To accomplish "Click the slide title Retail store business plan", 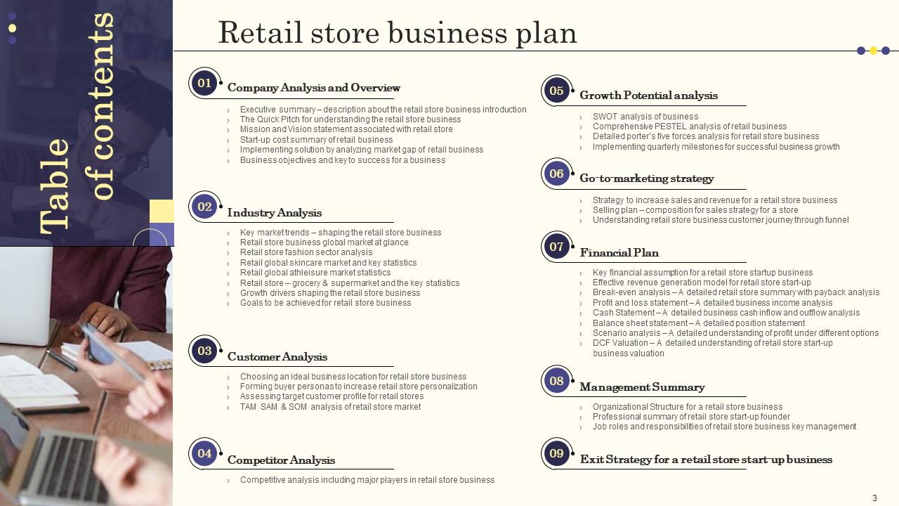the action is click(x=398, y=33).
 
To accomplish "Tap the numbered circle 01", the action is click(x=204, y=83).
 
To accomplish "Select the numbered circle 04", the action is click(x=204, y=453).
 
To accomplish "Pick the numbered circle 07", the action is click(x=556, y=247).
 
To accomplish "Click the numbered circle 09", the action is click(x=556, y=453).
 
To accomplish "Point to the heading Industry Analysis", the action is click(x=275, y=212).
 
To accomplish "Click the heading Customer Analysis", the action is click(x=277, y=356).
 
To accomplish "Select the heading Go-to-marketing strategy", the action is click(x=647, y=179).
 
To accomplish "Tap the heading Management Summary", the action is click(x=642, y=387).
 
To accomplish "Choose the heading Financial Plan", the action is click(x=619, y=252).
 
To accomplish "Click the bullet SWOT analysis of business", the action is click(x=645, y=117).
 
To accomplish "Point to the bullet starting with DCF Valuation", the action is click(x=713, y=348).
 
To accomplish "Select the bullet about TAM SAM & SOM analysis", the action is click(x=330, y=407).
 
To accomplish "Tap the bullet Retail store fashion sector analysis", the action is click(x=306, y=252).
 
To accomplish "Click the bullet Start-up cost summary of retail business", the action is click(x=316, y=140).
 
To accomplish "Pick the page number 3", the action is click(x=874, y=498).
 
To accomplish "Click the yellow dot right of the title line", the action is click(x=873, y=51).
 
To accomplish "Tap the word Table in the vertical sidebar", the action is click(x=55, y=187).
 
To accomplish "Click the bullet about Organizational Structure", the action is click(x=688, y=407).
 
